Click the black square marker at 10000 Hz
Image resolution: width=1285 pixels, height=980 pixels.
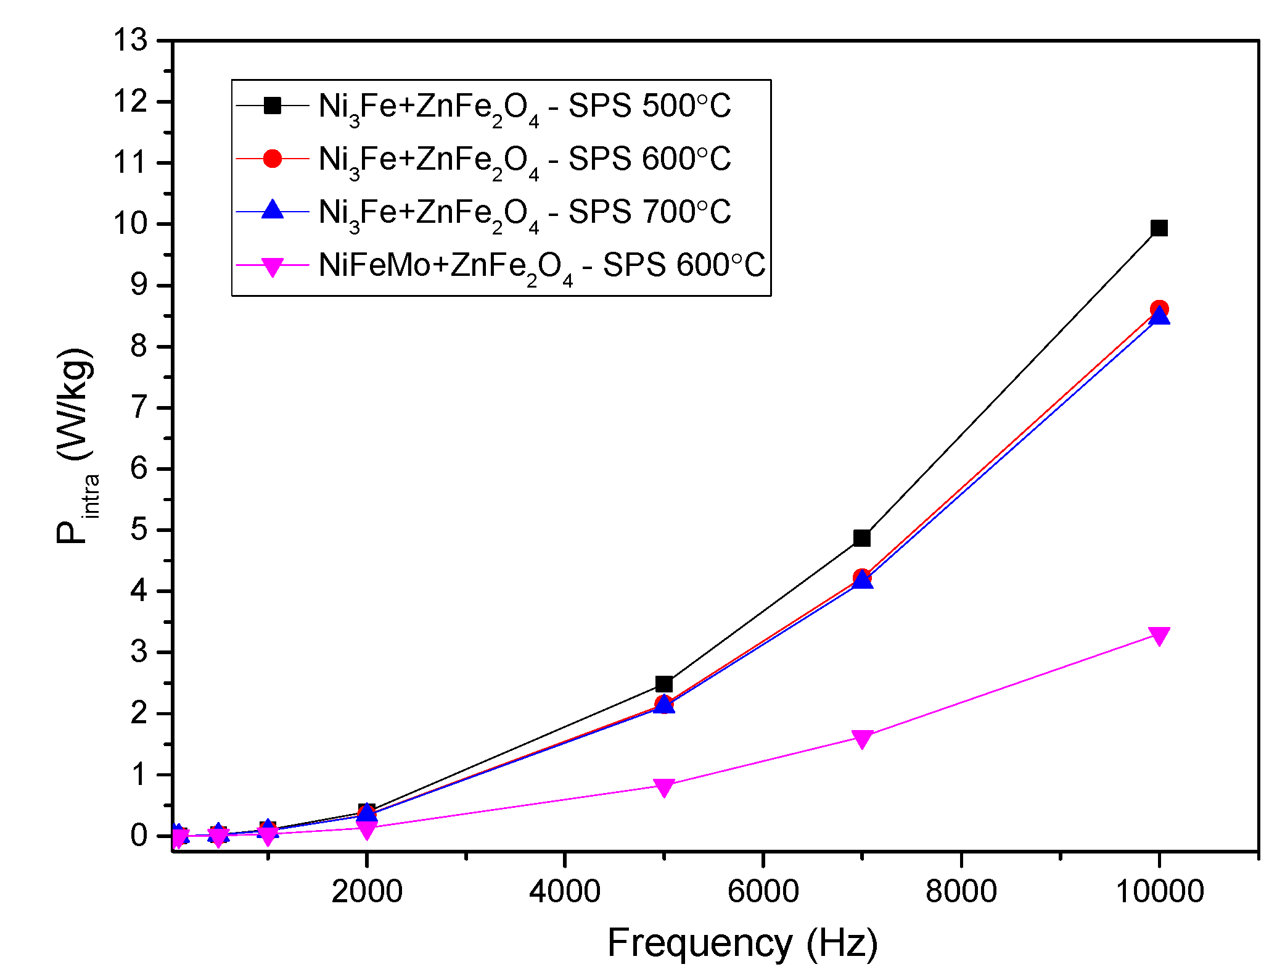point(1159,228)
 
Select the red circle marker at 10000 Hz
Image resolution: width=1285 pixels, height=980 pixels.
point(1159,309)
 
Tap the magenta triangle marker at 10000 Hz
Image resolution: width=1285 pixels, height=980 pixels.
point(1159,636)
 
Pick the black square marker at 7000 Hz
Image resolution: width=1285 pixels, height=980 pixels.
point(861,538)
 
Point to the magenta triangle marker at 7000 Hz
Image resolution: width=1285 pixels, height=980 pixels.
point(861,738)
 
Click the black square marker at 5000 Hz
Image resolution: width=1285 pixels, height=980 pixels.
point(663,684)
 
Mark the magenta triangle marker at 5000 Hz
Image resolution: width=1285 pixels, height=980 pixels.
point(663,787)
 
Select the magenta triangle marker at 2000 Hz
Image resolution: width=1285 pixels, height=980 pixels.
point(366,829)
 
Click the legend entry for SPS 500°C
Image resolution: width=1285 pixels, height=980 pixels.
point(524,106)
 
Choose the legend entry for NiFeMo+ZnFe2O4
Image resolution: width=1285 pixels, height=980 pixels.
point(541,265)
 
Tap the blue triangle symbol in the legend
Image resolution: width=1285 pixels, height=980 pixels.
point(272,211)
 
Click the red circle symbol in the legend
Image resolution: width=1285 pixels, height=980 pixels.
point(272,159)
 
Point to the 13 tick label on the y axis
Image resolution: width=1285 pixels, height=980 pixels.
point(130,41)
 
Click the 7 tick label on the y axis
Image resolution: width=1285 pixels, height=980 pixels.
point(139,407)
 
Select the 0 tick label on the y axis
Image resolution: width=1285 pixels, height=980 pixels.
point(139,836)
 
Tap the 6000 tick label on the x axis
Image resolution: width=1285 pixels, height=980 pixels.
point(763,892)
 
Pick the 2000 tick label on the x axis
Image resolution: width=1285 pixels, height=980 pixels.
point(366,892)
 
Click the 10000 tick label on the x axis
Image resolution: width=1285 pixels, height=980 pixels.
point(1159,892)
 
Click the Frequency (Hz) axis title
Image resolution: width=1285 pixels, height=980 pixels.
point(742,944)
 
